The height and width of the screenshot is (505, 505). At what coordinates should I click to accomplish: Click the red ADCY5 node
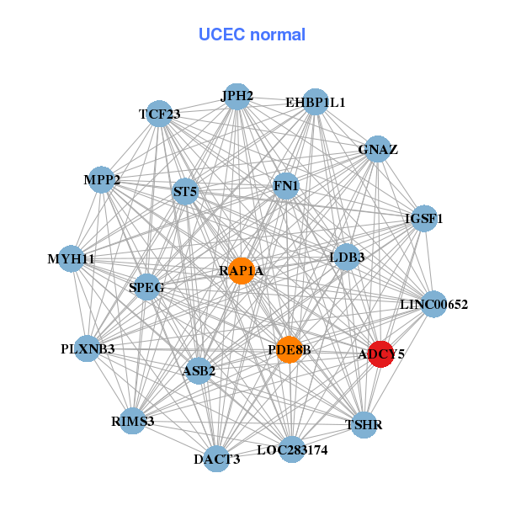click(380, 354)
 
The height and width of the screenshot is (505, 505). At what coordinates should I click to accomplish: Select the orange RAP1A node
click(242, 270)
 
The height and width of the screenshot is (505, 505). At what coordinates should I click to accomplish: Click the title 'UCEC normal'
click(252, 35)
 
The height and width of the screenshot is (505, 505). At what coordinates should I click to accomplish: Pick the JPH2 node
click(237, 97)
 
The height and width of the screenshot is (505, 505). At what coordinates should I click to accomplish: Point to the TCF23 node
click(159, 114)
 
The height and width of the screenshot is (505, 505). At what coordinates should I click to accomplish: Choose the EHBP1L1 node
click(315, 103)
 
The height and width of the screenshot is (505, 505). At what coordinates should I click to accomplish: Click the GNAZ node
click(378, 150)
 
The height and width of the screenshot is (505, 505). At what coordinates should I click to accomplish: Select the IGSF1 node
click(424, 219)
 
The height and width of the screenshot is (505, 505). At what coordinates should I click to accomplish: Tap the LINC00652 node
click(433, 304)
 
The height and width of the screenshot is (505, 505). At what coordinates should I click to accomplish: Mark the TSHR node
click(364, 425)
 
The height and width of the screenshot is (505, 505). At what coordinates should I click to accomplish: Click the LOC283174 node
click(292, 450)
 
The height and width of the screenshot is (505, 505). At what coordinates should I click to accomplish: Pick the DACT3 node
click(216, 459)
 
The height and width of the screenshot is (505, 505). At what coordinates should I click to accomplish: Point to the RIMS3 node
click(132, 421)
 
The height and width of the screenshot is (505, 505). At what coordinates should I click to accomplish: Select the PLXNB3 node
click(88, 348)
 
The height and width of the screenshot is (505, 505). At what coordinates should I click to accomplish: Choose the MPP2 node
click(102, 180)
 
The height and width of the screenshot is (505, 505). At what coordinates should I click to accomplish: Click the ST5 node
click(185, 192)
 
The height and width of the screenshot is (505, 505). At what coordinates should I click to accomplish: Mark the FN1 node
click(286, 185)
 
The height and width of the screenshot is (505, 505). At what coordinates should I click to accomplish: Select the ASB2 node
click(199, 370)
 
